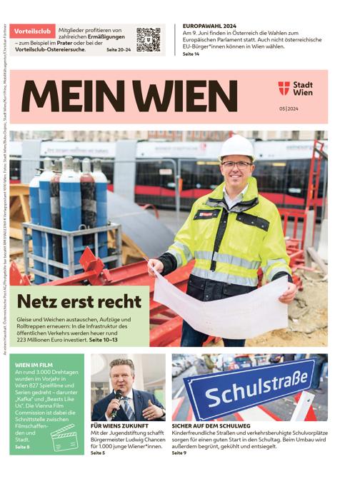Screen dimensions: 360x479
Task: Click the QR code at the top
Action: pyautogui.click(x=148, y=39)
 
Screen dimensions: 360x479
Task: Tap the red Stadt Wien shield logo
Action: pyautogui.click(x=284, y=89)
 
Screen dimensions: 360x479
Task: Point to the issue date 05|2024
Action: pyautogui.click(x=291, y=109)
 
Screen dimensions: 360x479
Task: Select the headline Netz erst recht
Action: pyautogui.click(x=74, y=301)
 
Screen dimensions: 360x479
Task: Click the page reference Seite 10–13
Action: pyautogui.click(x=103, y=339)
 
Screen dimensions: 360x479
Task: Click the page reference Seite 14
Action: pyautogui.click(x=191, y=54)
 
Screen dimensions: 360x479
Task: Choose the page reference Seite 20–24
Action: pyautogui.click(x=118, y=50)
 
